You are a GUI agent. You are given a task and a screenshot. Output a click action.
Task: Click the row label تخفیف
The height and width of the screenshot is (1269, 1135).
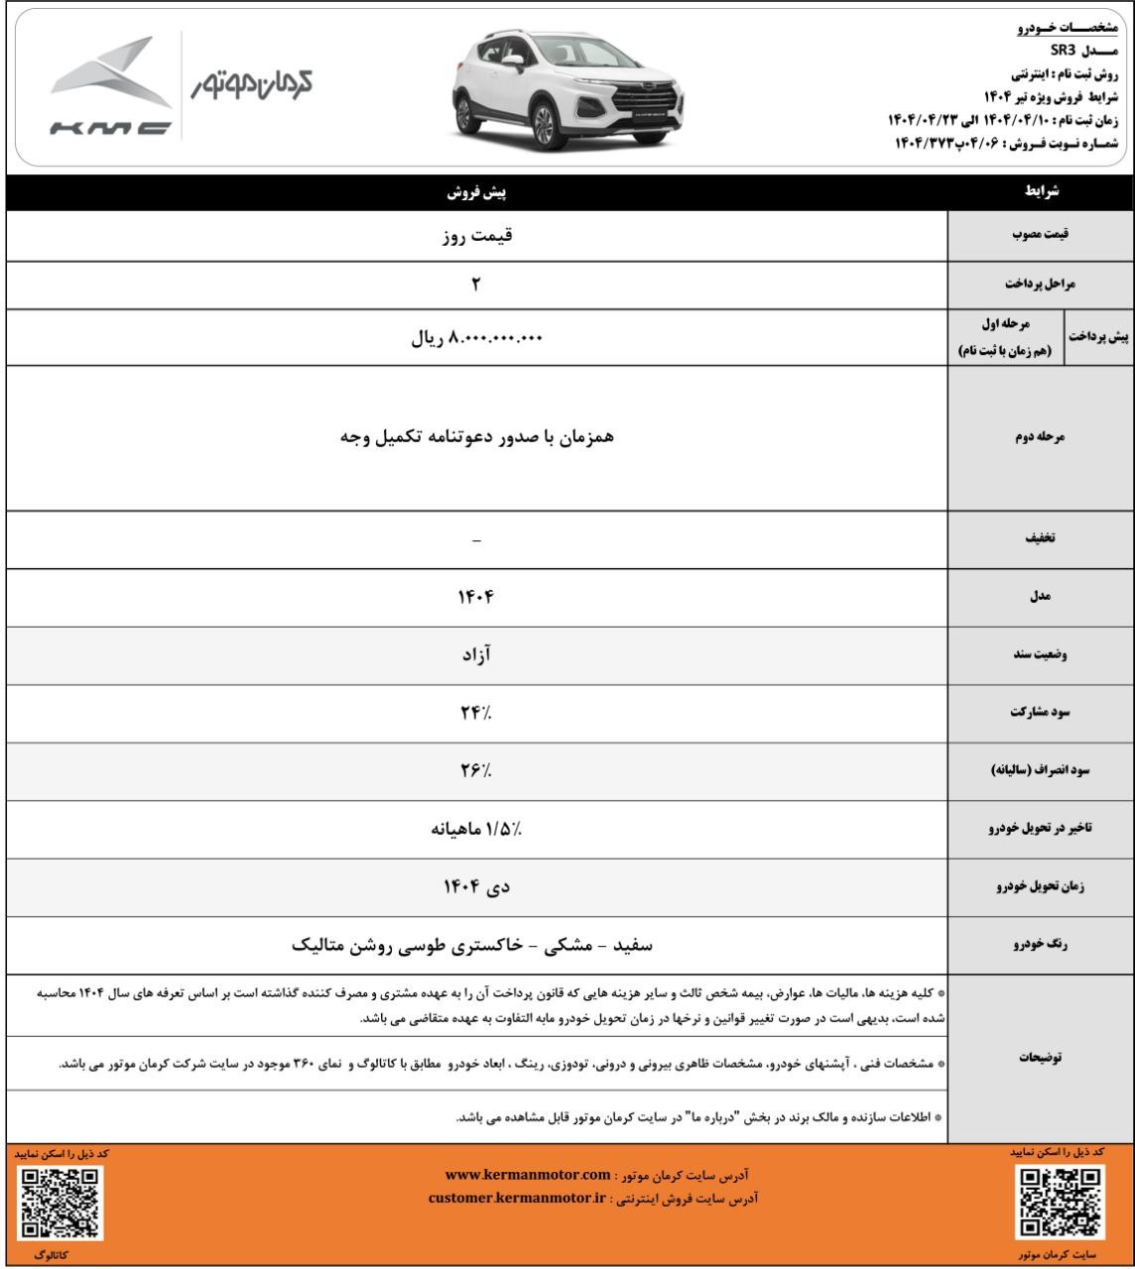pos(1040,541)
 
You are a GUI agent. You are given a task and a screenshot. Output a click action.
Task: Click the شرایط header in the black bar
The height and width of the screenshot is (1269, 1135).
pos(1040,192)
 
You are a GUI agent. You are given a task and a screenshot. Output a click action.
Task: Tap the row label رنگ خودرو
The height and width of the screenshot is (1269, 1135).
pos(1040,946)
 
